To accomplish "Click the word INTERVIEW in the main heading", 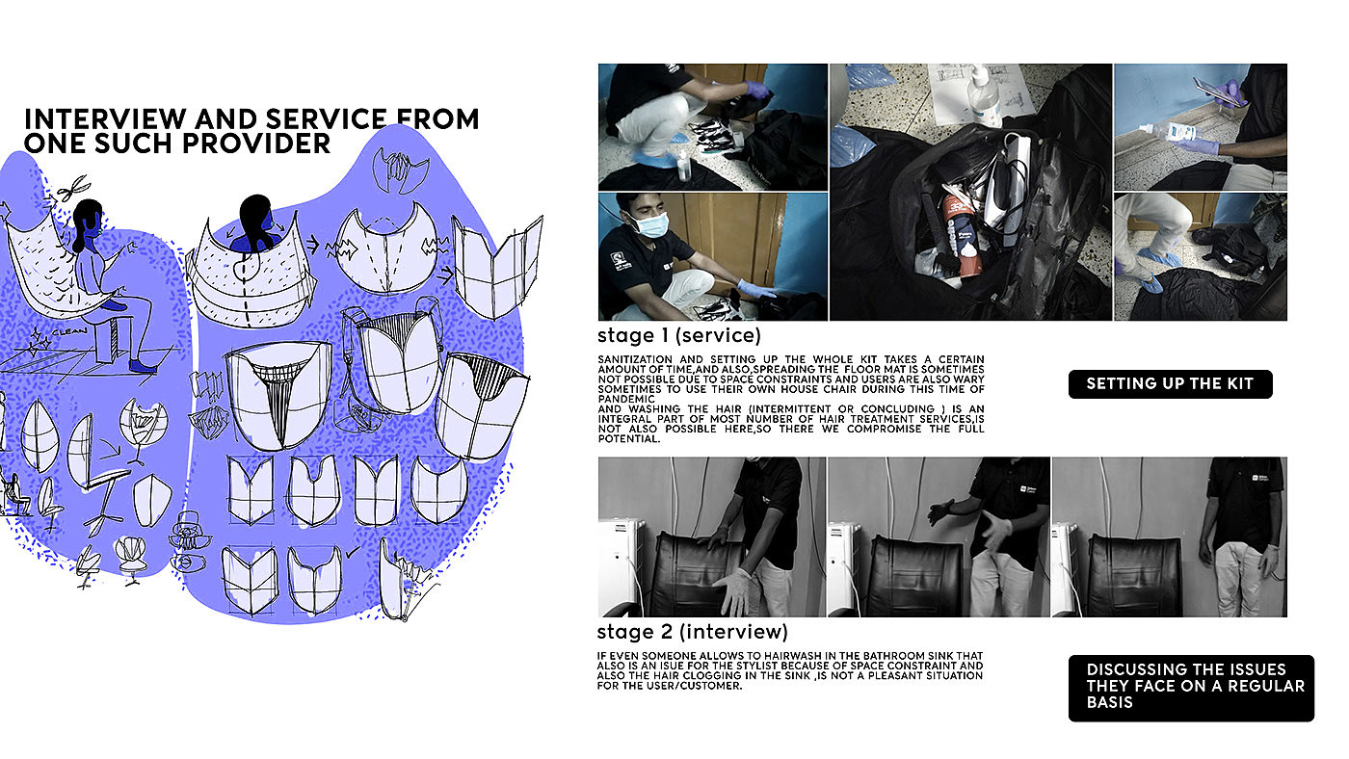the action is click(x=105, y=118).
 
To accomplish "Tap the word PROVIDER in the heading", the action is click(x=255, y=144).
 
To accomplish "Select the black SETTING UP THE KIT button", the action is click(x=1170, y=384).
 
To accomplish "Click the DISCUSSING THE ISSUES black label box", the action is click(x=1191, y=688).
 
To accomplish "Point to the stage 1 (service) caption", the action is click(x=679, y=335).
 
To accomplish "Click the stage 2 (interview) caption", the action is click(x=693, y=632).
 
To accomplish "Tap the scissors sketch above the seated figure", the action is click(x=72, y=187).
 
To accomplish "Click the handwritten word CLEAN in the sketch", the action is click(x=69, y=331).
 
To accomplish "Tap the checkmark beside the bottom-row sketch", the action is click(x=354, y=550).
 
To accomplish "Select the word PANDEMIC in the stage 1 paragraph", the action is click(x=626, y=399).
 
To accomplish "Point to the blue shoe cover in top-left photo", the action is click(x=655, y=159).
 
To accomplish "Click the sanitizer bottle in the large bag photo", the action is click(x=983, y=97).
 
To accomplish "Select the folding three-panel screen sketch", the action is click(x=497, y=267).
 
